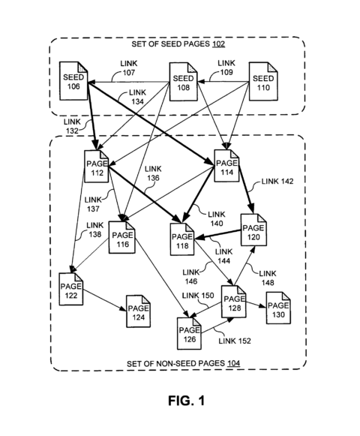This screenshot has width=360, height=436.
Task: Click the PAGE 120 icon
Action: coord(251,228)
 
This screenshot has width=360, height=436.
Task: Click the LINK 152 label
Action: coord(234,341)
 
